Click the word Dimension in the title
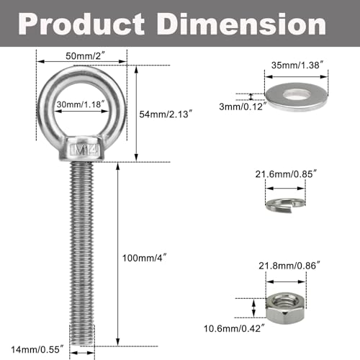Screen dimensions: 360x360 click(x=248, y=26)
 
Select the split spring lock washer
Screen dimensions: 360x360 click(x=287, y=203)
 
